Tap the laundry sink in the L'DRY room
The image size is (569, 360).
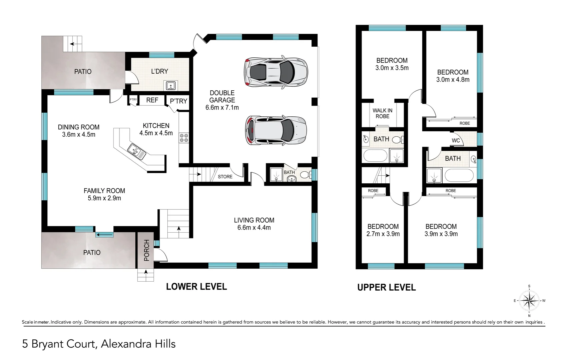point(171,86)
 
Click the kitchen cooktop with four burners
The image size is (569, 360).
point(184,138)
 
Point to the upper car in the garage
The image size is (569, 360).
point(275,72)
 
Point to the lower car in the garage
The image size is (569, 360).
point(275,130)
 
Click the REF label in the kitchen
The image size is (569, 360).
point(152,100)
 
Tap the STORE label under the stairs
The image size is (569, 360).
point(225,177)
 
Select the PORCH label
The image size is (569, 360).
point(146,250)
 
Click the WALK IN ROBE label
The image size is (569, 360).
point(383,113)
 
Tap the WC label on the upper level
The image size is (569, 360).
point(456,140)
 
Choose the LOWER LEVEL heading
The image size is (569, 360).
point(196,287)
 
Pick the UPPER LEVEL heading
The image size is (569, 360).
point(386,287)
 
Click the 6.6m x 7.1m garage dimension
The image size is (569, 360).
point(222,107)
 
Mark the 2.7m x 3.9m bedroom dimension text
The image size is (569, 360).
point(383,234)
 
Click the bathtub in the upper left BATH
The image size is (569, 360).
point(375,156)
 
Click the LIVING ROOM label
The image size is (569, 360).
point(254,220)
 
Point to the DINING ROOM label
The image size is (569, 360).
point(78,127)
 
